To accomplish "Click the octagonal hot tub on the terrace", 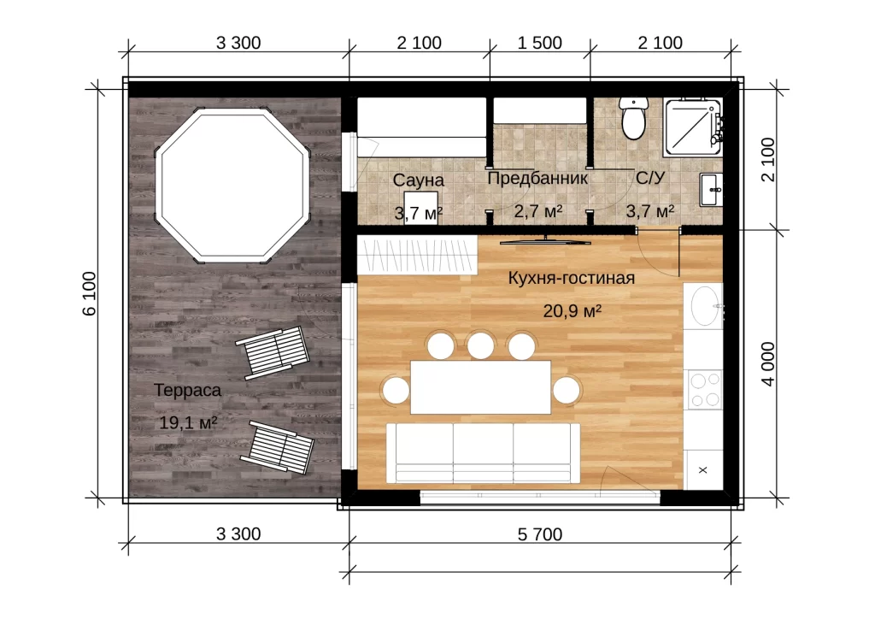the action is point(232,186).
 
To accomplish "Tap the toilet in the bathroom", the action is point(633,118).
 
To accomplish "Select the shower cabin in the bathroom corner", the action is point(692,128).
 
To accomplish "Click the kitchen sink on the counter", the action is point(705,306).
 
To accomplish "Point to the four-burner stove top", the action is point(705,390).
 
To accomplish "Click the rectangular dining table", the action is point(480,387).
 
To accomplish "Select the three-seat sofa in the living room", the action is point(484,453).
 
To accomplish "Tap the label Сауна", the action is point(419,180).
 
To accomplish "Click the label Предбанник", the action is point(537,178).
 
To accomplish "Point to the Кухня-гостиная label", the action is point(572,277).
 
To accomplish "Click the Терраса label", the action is point(187,390).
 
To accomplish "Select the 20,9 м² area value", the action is point(572,310).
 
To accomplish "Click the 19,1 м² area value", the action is point(188,422).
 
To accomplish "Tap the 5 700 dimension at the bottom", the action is point(540,534).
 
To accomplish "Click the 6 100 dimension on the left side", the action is point(90,293).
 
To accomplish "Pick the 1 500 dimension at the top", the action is point(540,43).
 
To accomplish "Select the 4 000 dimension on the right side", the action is point(768,364).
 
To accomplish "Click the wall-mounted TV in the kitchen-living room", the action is point(545,241).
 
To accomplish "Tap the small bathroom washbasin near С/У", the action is point(711,190).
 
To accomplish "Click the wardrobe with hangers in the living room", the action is point(417,255).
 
